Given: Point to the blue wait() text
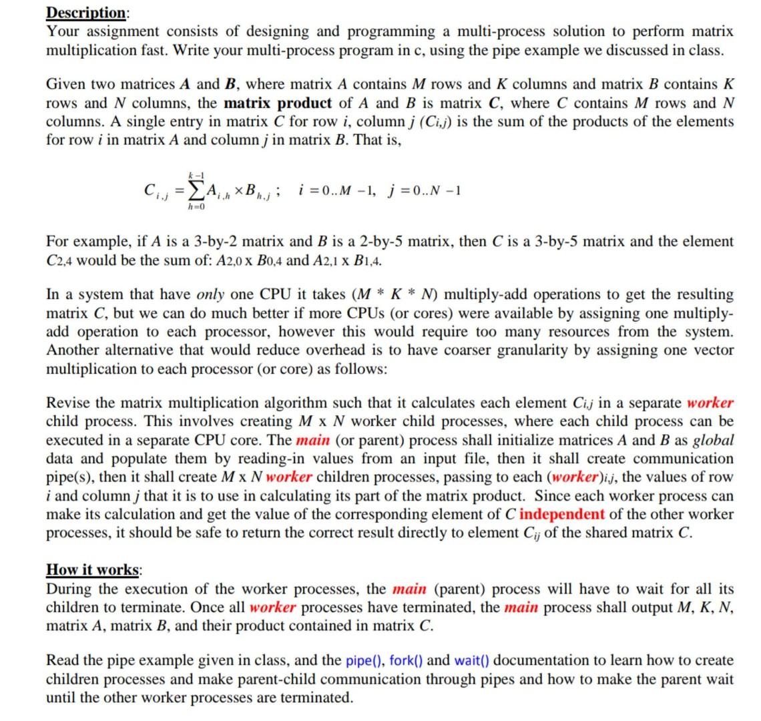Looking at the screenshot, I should (x=471, y=660).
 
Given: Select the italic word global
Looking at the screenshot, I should (x=712, y=440).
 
